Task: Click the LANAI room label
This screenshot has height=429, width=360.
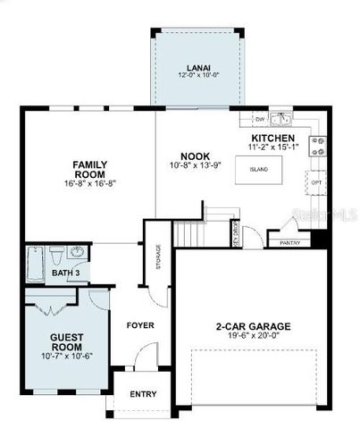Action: tap(198, 66)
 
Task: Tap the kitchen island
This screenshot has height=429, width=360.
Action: tap(259, 168)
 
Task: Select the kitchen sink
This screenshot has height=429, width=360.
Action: tap(280, 117)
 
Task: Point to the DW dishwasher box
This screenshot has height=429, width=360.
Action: tap(259, 118)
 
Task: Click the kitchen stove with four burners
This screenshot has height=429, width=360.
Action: tap(317, 146)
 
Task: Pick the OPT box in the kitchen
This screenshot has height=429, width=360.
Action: tap(316, 182)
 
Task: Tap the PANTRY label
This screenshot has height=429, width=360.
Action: tap(289, 242)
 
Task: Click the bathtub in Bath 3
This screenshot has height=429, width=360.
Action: tap(36, 261)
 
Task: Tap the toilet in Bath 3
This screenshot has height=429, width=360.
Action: tap(56, 254)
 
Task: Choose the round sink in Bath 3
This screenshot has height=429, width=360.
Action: tap(76, 253)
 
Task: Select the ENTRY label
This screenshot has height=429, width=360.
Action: tap(143, 394)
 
